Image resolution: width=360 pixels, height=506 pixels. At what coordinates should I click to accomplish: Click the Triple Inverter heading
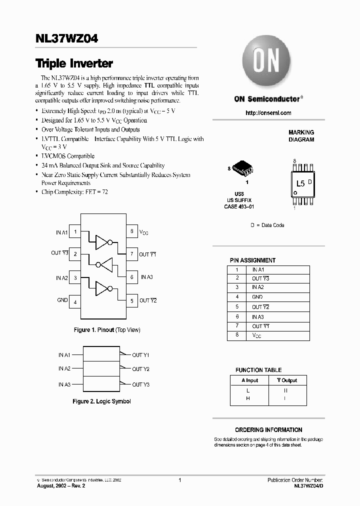click(74, 63)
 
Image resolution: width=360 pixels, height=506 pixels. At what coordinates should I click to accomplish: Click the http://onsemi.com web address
click(268, 113)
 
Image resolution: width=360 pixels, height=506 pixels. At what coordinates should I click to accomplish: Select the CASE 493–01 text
click(239, 206)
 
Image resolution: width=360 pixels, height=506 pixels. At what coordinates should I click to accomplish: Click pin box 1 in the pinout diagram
click(75, 231)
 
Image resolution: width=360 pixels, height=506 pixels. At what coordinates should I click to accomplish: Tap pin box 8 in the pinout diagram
click(131, 231)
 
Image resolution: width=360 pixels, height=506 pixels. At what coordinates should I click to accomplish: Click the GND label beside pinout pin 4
click(62, 300)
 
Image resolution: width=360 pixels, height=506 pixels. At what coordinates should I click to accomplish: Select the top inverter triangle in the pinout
click(102, 242)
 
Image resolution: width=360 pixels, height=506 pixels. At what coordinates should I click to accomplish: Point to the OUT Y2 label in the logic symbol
click(140, 369)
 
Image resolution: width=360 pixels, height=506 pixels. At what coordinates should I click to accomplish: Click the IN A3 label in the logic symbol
click(63, 384)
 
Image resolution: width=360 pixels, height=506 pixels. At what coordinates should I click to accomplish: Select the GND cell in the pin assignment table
click(257, 297)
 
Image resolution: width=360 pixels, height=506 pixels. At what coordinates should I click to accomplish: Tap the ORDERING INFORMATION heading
click(268, 429)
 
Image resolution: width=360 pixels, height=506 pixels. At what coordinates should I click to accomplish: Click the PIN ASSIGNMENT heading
click(252, 260)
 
